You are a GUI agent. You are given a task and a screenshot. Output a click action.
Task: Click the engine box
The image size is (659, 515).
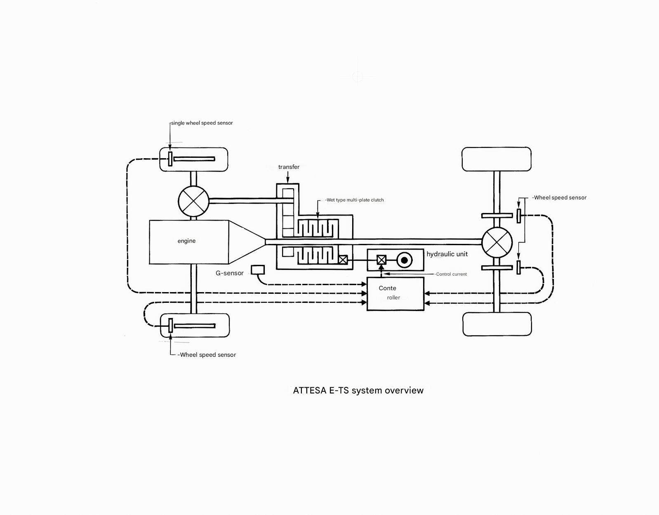click(x=188, y=242)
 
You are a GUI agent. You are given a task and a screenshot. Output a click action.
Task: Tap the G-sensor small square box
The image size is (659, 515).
click(x=258, y=269)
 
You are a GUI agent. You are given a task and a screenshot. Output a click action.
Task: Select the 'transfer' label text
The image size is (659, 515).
click(x=289, y=167)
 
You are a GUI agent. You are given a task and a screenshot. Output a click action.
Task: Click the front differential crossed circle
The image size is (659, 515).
click(x=193, y=201)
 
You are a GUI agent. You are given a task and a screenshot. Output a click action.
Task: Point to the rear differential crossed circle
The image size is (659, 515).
click(x=497, y=243)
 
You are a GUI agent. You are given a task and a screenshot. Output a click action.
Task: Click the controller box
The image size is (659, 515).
click(x=395, y=294)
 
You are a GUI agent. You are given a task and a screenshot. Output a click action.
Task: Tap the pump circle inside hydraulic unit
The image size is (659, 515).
click(x=404, y=260)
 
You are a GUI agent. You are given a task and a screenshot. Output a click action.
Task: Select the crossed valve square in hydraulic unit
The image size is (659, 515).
click(x=381, y=260)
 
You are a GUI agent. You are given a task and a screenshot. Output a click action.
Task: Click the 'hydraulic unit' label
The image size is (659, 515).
click(x=447, y=254)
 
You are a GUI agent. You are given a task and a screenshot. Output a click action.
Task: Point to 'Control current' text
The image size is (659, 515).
click(x=451, y=274)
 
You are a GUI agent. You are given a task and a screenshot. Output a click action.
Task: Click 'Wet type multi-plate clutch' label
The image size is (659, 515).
click(x=355, y=200)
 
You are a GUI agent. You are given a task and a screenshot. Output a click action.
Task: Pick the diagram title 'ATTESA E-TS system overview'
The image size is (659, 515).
click(x=358, y=390)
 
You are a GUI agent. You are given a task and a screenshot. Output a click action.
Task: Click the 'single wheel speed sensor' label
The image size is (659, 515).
click(x=202, y=123)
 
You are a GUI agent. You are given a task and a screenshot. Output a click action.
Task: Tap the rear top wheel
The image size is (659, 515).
click(x=497, y=159)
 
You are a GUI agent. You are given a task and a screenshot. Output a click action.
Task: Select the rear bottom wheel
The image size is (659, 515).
click(x=497, y=324)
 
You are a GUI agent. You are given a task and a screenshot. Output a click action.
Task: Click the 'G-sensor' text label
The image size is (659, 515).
click(x=230, y=273)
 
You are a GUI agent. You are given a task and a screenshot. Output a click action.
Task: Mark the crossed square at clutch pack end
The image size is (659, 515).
click(x=343, y=260)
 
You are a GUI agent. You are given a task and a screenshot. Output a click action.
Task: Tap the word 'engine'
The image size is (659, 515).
click(x=186, y=241)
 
